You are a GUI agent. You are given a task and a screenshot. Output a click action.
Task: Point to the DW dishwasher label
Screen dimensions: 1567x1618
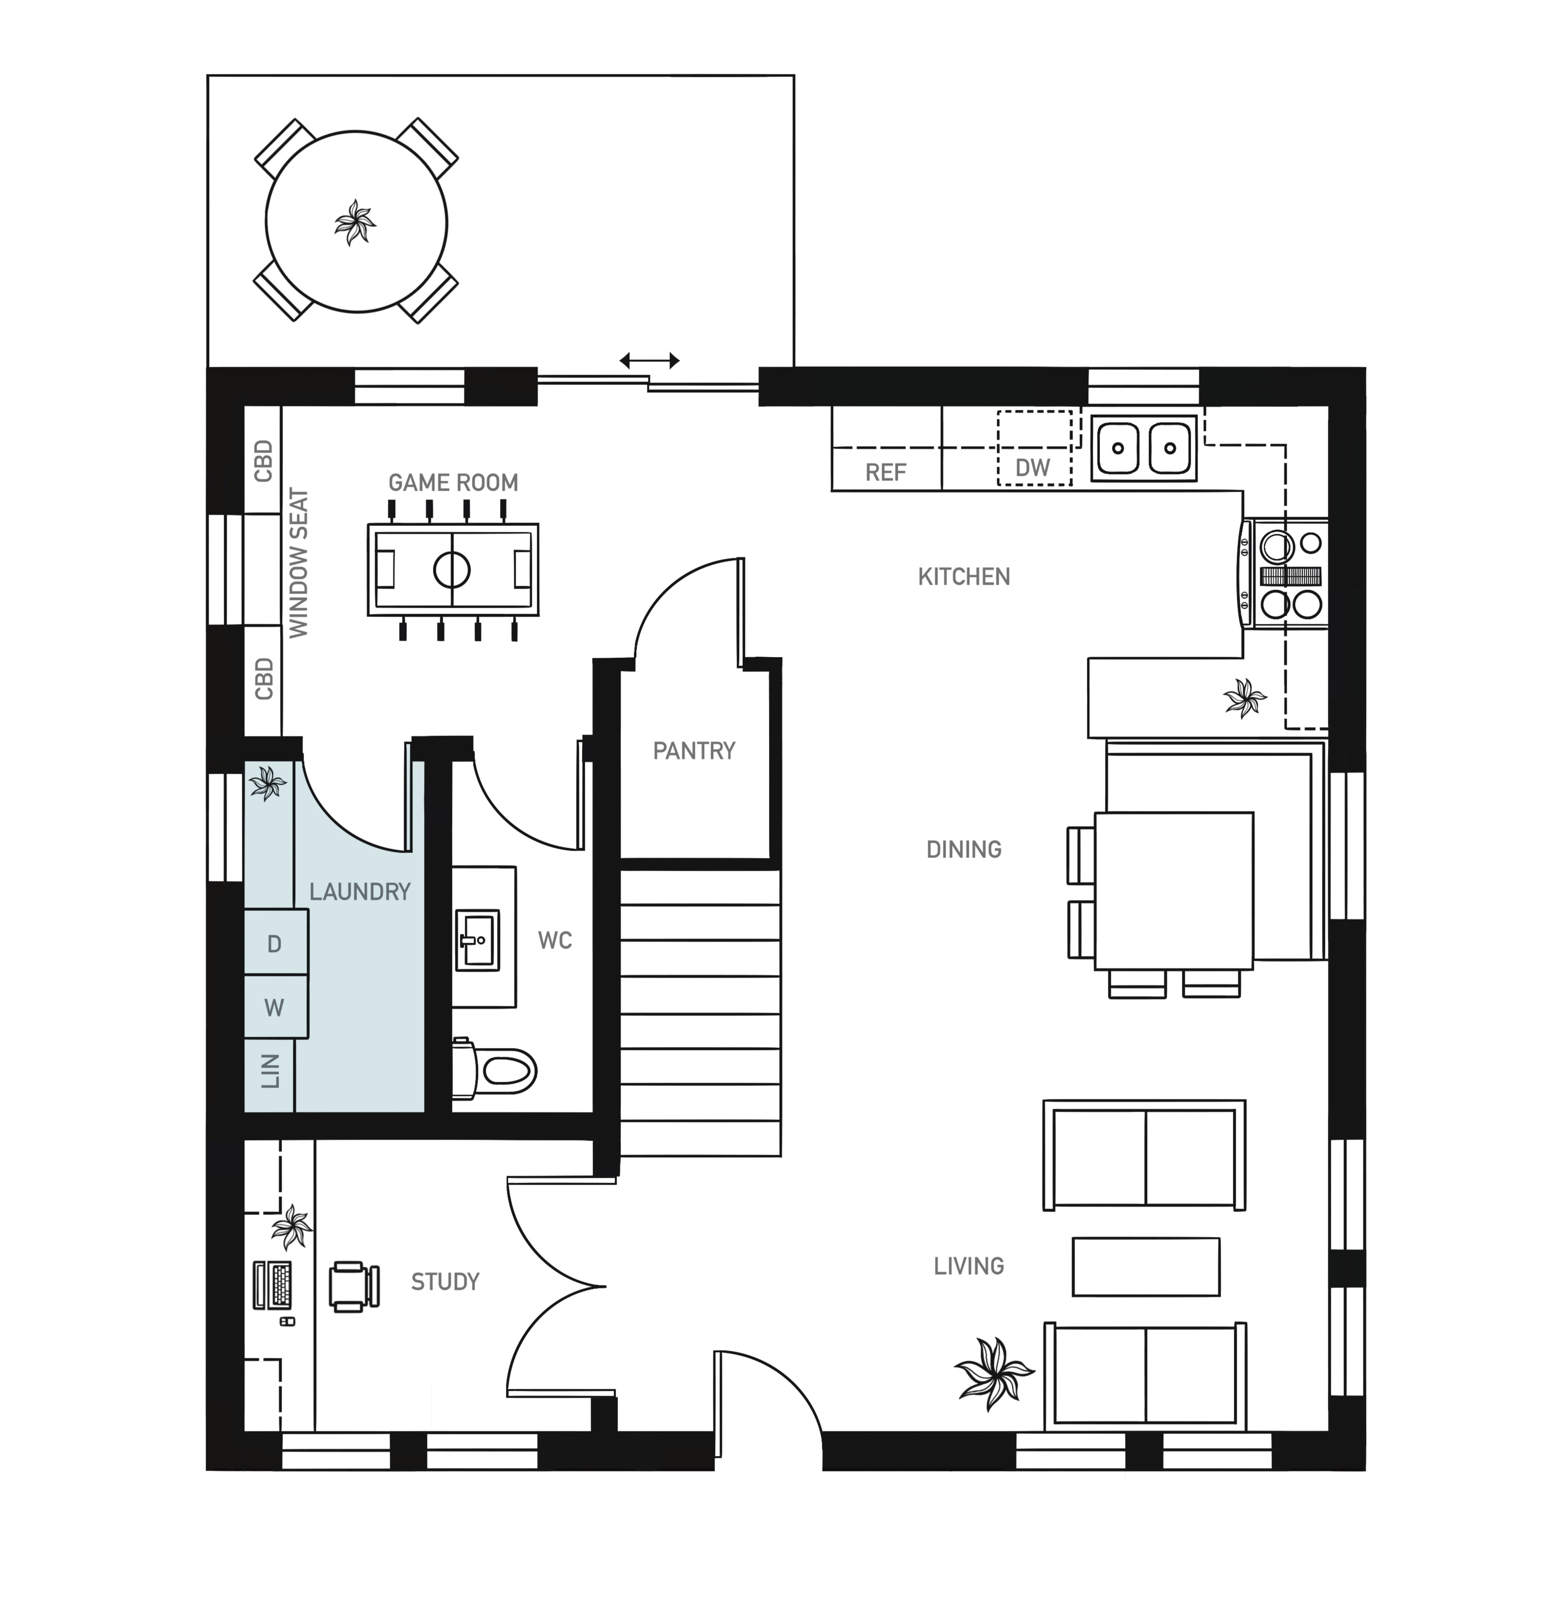pos(1033,468)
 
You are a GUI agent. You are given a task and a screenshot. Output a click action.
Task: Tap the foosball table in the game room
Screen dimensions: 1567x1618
pos(453,570)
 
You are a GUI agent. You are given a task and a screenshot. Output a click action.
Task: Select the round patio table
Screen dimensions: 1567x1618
pos(357,221)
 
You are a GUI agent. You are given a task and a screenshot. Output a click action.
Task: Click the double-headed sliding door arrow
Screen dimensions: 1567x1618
pos(650,360)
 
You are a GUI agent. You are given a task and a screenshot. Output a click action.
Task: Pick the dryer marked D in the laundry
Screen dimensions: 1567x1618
pos(276,943)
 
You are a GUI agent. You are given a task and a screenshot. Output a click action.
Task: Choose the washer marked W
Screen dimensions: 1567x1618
pos(276,1007)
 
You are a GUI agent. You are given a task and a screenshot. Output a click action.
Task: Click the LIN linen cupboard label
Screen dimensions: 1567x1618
pos(270,1071)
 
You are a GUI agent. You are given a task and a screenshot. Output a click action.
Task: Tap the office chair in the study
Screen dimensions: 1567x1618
pos(354,1286)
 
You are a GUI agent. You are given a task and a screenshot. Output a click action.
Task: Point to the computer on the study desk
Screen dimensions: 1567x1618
pos(273,1286)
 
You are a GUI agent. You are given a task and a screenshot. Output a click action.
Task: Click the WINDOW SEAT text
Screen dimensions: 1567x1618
pos(298,564)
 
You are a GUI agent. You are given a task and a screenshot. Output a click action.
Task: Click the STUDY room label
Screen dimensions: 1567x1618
pos(445,1282)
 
